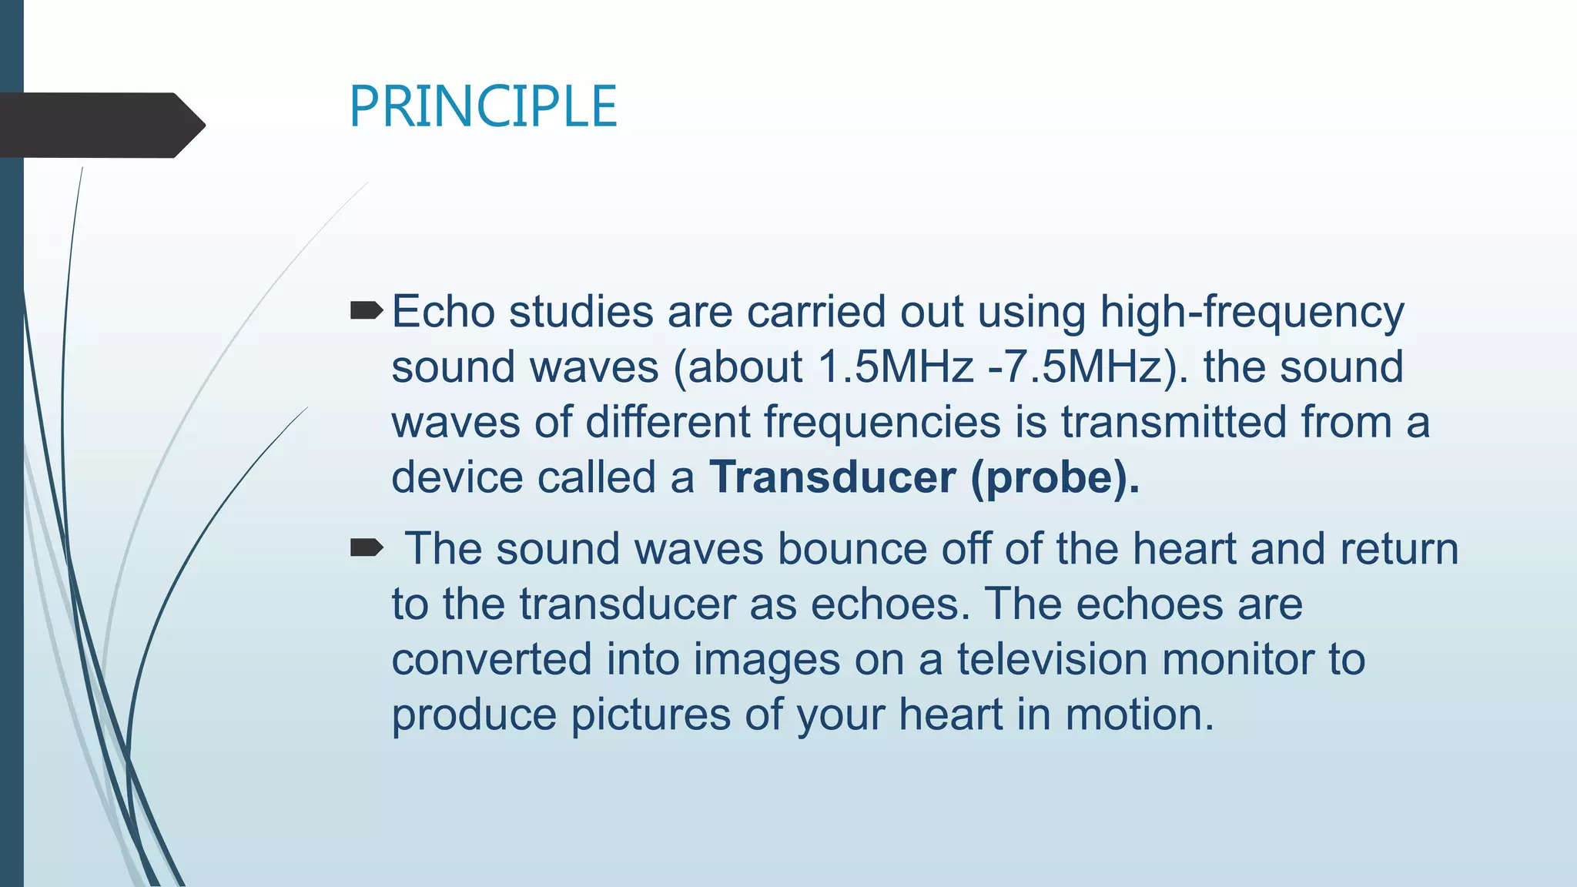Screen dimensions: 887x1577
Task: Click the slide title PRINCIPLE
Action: pyautogui.click(x=483, y=107)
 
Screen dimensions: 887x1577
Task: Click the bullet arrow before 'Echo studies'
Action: pyautogui.click(x=366, y=311)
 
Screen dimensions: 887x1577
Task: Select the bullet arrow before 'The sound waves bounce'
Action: pyautogui.click(x=366, y=548)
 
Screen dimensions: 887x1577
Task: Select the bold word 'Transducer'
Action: pyautogui.click(x=832, y=477)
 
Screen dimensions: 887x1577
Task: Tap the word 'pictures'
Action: pyautogui.click(x=650, y=715)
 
